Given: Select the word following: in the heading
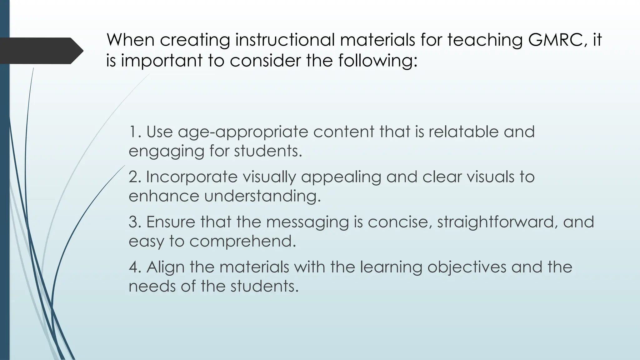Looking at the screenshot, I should click(x=377, y=60).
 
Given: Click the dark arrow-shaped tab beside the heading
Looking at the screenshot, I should click(x=41, y=51).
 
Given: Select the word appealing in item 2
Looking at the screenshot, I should click(x=341, y=177).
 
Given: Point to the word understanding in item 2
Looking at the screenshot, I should click(x=262, y=197).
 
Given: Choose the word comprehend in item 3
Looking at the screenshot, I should click(x=242, y=242).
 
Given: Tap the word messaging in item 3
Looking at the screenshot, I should click(x=307, y=222).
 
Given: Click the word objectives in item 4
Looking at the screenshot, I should click(x=467, y=267).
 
